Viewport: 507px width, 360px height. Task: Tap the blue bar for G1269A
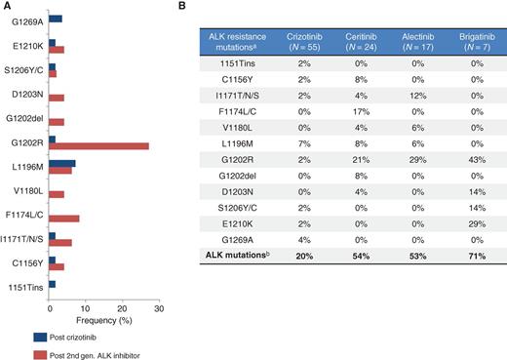(56, 18)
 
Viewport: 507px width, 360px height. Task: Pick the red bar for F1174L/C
(64, 219)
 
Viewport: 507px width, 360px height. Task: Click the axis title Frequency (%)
(104, 319)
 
